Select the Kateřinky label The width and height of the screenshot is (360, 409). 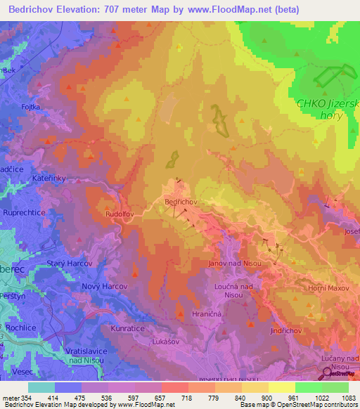[49, 178]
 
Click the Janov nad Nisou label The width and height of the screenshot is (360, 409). [236, 263]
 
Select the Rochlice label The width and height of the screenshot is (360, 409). [20, 327]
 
